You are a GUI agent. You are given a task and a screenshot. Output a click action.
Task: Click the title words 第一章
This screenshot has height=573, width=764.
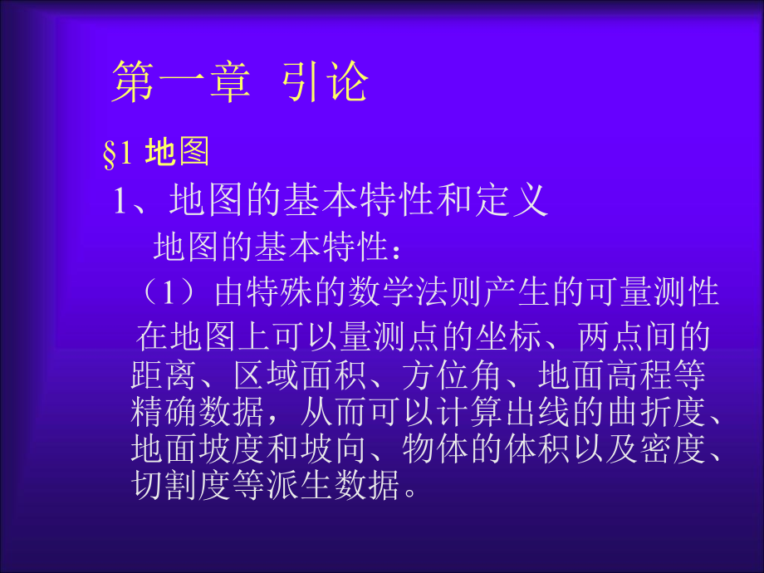(x=181, y=81)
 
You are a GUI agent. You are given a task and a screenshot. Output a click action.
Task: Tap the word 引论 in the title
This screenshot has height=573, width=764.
(x=325, y=81)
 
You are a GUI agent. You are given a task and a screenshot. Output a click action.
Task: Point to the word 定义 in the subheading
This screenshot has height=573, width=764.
(x=512, y=200)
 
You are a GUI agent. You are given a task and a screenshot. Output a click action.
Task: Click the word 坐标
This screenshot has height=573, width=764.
(x=509, y=336)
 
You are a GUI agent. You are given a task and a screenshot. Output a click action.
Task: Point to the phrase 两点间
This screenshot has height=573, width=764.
(x=627, y=336)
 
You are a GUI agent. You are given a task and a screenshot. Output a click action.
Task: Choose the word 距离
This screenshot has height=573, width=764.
(x=164, y=375)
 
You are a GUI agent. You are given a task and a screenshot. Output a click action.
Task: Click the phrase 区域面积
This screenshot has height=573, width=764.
(x=300, y=375)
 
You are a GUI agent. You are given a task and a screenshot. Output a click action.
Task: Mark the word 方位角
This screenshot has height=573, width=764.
(x=451, y=375)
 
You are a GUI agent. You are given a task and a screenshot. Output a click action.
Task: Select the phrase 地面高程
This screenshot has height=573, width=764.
(x=605, y=375)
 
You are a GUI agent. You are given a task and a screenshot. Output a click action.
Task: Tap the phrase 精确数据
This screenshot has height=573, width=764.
(x=197, y=412)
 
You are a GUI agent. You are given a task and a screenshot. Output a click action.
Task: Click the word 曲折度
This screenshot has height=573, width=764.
(x=657, y=412)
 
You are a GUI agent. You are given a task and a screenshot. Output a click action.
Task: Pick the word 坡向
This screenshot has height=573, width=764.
(x=332, y=448)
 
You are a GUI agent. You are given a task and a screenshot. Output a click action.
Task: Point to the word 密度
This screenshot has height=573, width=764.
(x=673, y=448)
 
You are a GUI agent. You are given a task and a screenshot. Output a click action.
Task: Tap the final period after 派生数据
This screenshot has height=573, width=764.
(x=410, y=493)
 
